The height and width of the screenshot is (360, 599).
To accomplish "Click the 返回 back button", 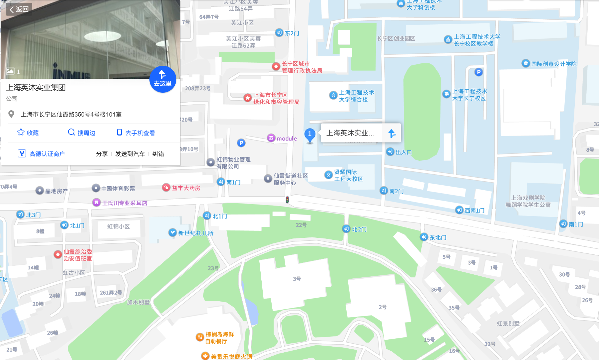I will [x=19, y=9].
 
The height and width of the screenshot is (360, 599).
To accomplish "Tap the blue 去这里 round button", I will [x=163, y=79].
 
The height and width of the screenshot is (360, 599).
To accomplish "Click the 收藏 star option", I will [x=28, y=133].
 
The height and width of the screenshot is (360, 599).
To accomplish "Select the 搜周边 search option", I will [x=82, y=133].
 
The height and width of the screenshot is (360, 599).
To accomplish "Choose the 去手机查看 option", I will [x=136, y=133].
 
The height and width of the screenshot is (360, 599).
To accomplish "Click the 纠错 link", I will [x=158, y=154].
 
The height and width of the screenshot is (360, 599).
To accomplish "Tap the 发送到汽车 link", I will [x=130, y=154].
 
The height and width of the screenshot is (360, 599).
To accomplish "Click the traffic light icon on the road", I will [x=287, y=200].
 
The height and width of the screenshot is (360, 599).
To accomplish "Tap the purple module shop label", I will [x=283, y=138].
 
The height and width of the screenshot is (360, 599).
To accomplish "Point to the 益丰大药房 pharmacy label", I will [x=182, y=188].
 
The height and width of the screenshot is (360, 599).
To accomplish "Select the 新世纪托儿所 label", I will [x=191, y=233].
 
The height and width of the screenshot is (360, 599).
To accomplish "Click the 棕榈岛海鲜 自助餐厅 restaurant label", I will [x=215, y=338].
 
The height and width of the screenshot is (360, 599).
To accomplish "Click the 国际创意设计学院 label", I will [x=550, y=64].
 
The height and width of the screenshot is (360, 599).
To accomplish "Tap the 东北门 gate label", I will [x=434, y=237].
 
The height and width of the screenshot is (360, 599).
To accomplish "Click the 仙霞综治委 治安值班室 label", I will [x=73, y=255].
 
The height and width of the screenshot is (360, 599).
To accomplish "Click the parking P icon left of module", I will [x=241, y=143].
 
